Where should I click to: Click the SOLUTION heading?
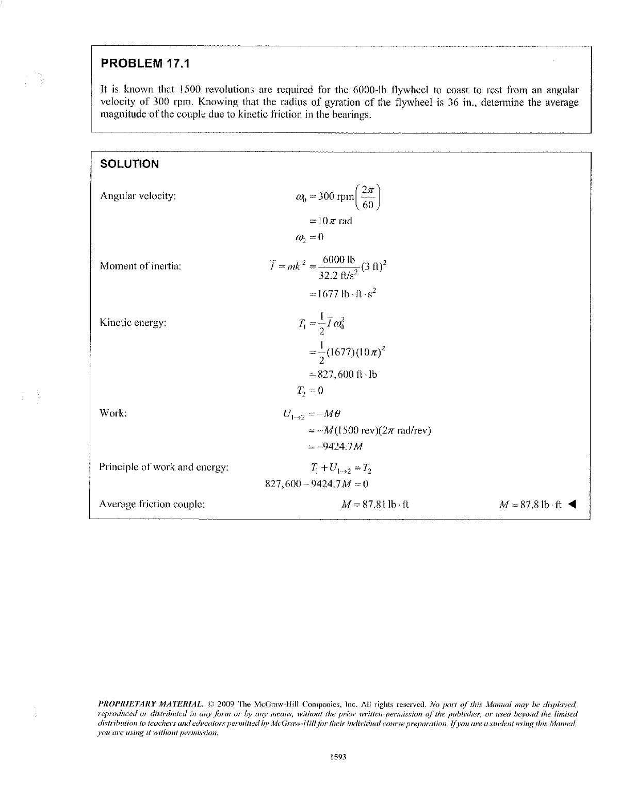click(x=129, y=164)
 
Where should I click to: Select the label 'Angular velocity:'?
click(x=138, y=196)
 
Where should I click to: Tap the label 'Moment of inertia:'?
click(x=140, y=266)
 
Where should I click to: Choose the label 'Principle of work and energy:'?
click(x=164, y=467)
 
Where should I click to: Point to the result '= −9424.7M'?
click(x=337, y=446)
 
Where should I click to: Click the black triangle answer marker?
click(x=572, y=504)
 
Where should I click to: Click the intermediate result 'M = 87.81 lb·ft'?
click(x=371, y=504)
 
